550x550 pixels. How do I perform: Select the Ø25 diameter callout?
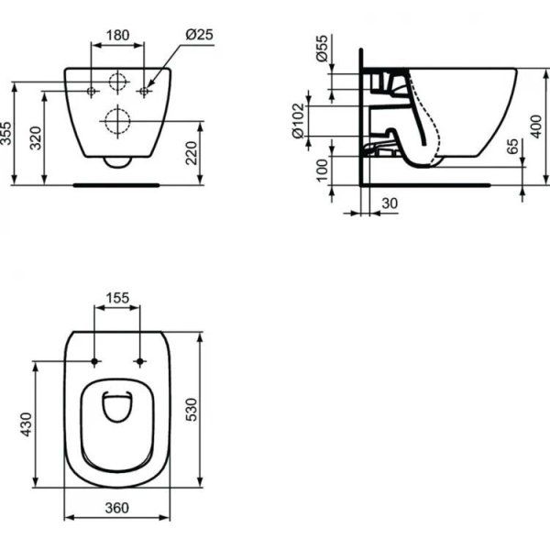[199, 34]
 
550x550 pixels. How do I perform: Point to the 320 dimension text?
[36, 138]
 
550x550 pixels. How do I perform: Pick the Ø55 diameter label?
[322, 51]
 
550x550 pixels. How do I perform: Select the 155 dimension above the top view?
[118, 298]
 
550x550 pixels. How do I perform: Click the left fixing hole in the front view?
[92, 91]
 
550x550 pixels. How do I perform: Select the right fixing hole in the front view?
[144, 91]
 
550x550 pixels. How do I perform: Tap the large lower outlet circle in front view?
[117, 120]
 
